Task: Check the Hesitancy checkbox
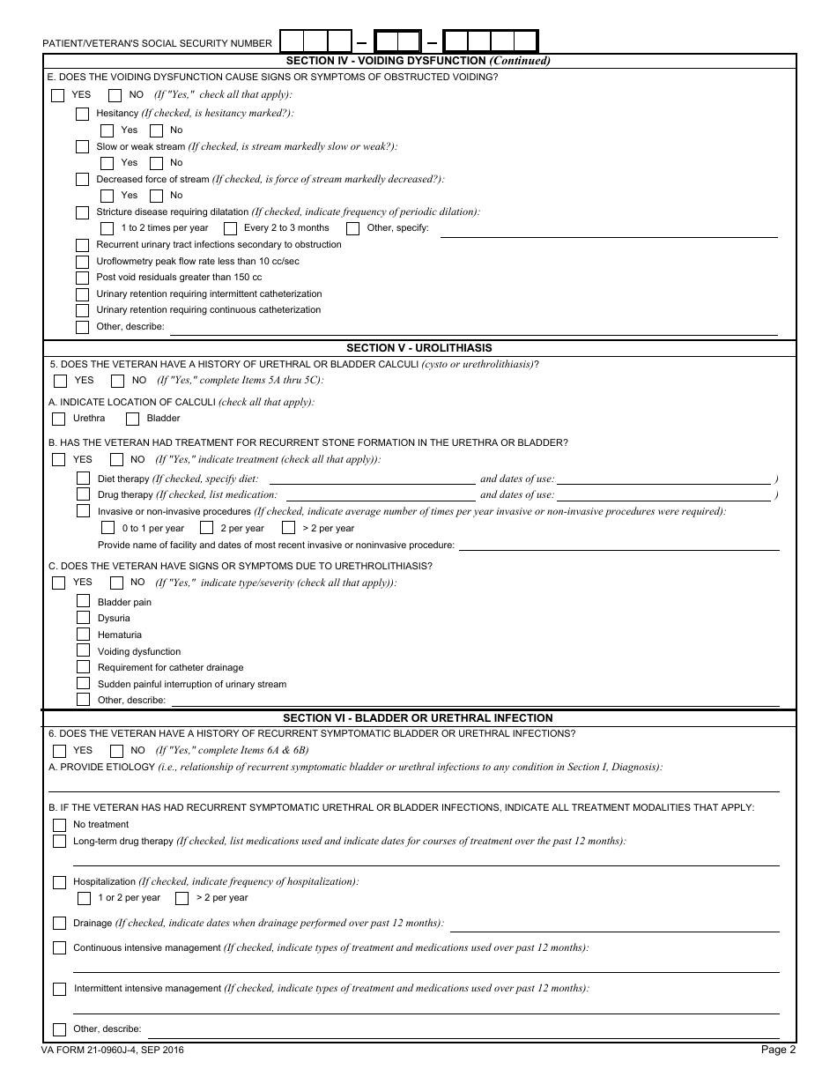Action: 82,114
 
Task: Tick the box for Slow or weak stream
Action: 82,146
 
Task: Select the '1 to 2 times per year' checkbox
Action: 107,228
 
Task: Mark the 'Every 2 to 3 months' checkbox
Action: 230,228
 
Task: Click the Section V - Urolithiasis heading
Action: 419,348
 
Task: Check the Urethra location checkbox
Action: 59,419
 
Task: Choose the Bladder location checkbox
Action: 133,419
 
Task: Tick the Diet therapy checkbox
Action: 83,479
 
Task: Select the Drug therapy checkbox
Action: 83,494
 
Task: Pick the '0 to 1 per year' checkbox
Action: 107,528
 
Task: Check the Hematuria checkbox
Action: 83,635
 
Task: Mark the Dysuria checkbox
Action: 83,618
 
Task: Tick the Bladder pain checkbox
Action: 83,601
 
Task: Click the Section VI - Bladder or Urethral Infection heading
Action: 419,718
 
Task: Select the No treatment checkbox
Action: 59,825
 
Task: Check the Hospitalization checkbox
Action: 59,881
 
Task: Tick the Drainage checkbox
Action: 59,924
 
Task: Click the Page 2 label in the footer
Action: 779,1050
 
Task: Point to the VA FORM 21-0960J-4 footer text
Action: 112,1051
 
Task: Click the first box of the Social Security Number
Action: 292,41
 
